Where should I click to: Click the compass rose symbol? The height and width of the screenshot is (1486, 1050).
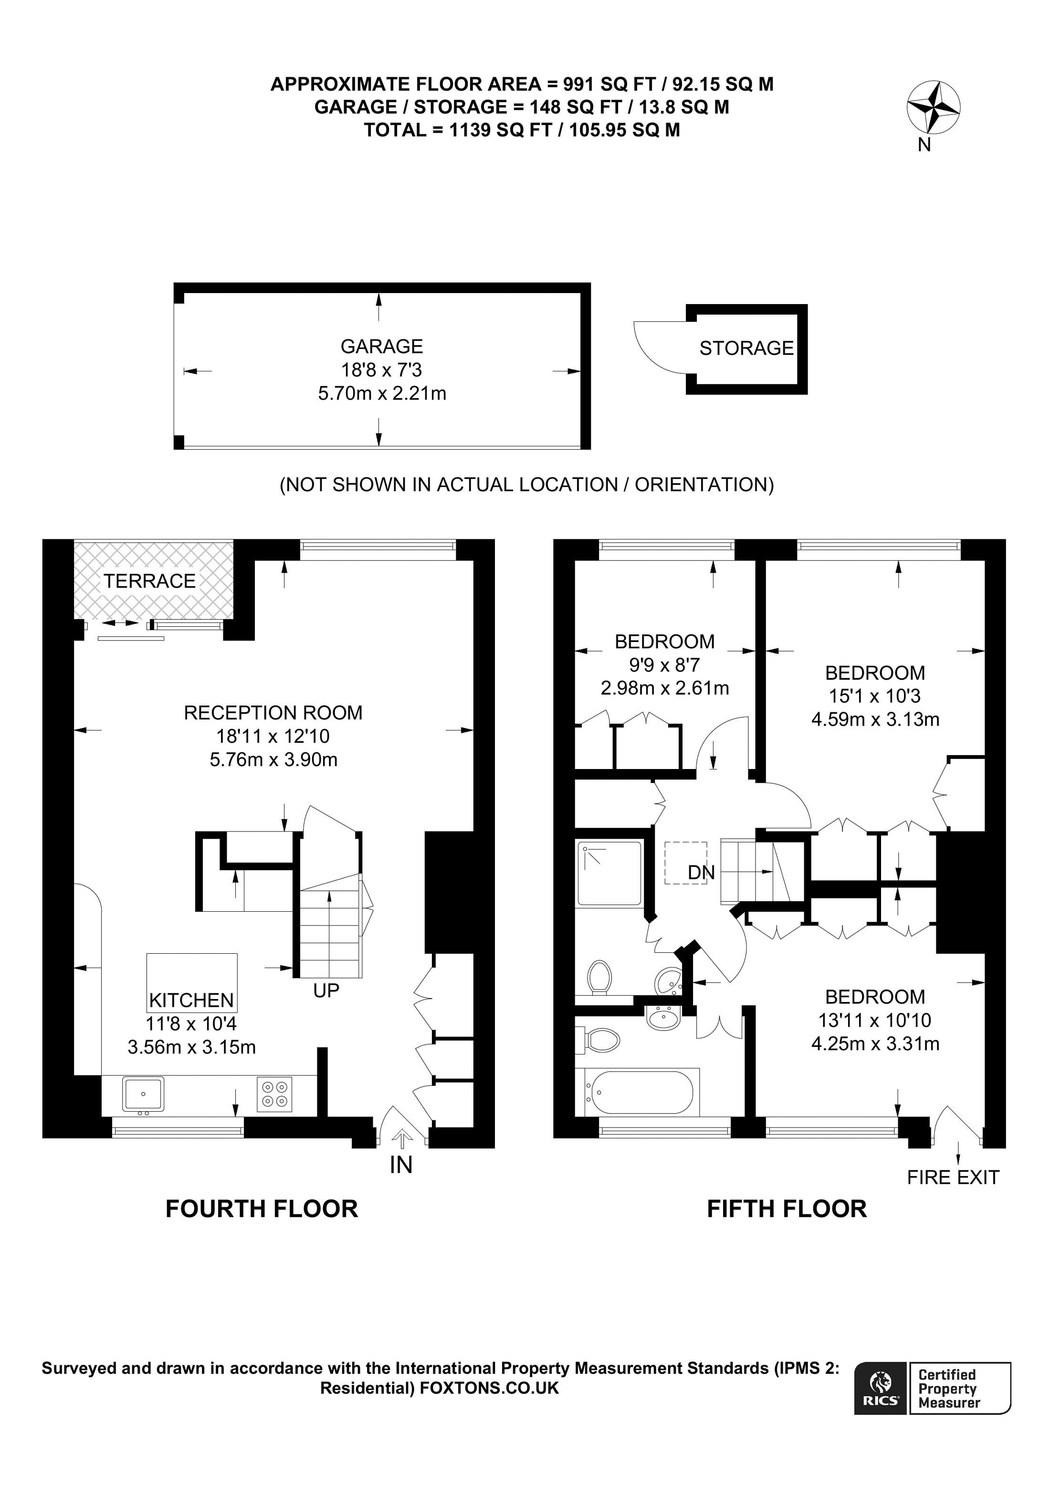[x=933, y=107]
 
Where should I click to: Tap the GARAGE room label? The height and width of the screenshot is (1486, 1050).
[x=382, y=347]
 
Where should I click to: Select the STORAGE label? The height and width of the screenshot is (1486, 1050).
[x=746, y=348]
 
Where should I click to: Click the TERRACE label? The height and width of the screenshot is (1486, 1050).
[x=149, y=581]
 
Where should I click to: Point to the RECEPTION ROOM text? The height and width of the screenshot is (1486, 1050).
[x=273, y=713]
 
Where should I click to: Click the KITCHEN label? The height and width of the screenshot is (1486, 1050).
[x=191, y=1001]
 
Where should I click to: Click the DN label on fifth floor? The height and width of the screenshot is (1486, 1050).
[x=701, y=873]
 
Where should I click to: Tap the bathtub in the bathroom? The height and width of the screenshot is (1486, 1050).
[x=640, y=1093]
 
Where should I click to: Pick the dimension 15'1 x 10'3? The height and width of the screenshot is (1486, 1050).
[x=875, y=696]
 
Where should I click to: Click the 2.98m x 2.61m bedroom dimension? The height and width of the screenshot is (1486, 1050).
[x=664, y=688]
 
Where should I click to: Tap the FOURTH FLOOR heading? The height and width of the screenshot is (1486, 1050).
[x=262, y=1209]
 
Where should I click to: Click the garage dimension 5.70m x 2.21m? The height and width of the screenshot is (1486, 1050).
[x=382, y=393]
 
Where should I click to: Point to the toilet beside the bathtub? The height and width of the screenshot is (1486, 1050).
[x=602, y=1042]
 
